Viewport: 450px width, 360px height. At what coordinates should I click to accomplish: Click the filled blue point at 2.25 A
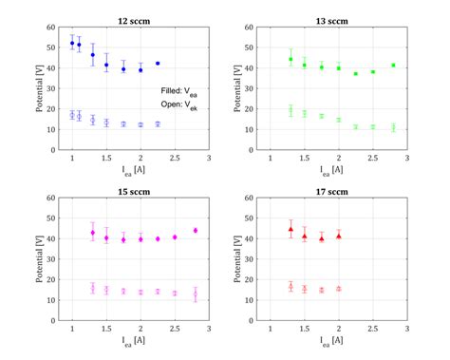158,64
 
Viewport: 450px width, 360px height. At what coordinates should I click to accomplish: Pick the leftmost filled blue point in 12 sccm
72,43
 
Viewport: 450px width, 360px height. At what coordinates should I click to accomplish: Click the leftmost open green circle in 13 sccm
291,110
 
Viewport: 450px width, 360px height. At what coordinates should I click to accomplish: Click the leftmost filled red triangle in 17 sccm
291,229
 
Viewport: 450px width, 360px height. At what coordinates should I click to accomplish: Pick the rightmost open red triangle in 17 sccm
338,289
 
